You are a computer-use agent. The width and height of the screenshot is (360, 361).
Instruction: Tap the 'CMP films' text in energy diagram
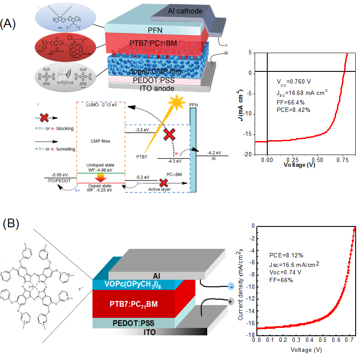[101, 141]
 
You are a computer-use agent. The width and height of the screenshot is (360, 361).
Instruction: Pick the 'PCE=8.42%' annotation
[293, 110]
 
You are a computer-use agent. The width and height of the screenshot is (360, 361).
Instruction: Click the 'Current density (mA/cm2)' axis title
[240, 285]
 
